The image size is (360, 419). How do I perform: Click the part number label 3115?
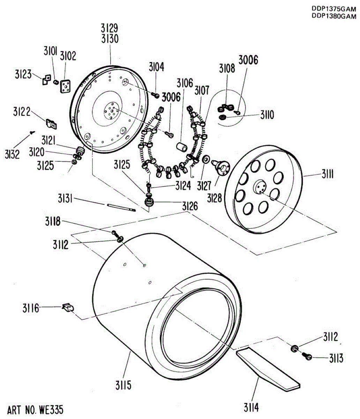[x=124, y=385]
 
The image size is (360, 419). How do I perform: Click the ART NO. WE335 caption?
[x=35, y=409]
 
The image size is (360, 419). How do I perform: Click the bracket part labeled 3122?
[x=52, y=123]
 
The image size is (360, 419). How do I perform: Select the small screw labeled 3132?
[x=32, y=132]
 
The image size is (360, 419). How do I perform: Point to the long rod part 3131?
[x=120, y=207]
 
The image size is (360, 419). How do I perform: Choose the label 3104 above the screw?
[x=156, y=67]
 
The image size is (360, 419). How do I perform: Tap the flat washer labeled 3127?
[x=206, y=160]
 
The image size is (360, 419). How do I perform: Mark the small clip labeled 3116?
[x=68, y=307]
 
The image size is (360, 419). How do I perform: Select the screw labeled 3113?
[x=308, y=356]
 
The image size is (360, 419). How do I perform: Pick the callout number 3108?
[x=227, y=68]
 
